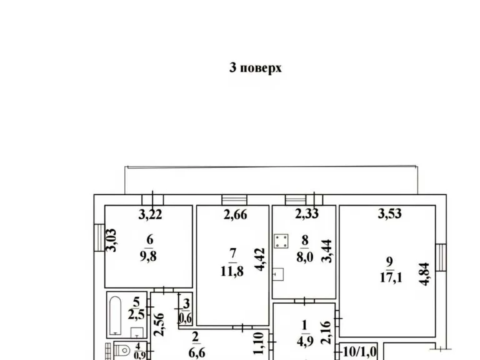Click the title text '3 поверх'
point(255,68)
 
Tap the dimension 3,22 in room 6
point(150,214)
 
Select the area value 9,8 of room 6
point(149,256)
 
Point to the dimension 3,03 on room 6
point(112,240)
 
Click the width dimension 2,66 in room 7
point(235,214)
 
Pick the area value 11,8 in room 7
point(232,271)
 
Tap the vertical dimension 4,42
point(260,259)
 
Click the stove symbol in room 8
point(281,241)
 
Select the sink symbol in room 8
point(278,274)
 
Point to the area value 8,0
point(304,257)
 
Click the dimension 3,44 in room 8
point(327,251)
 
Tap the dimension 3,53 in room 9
point(389,214)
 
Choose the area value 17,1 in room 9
point(391,277)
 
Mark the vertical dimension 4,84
point(425,274)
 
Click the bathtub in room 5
point(116,316)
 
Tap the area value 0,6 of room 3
point(185,319)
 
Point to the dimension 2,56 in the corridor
point(159,325)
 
